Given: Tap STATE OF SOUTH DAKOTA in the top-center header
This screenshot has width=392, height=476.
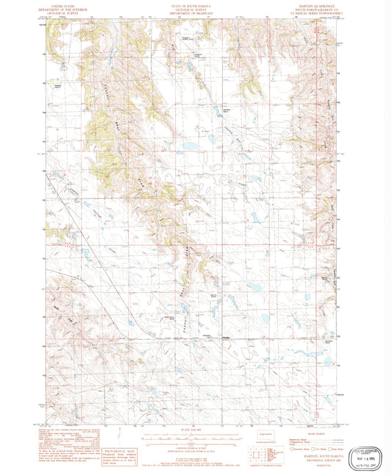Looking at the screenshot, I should (x=188, y=4).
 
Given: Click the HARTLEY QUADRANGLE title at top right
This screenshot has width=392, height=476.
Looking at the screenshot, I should (x=317, y=4).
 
